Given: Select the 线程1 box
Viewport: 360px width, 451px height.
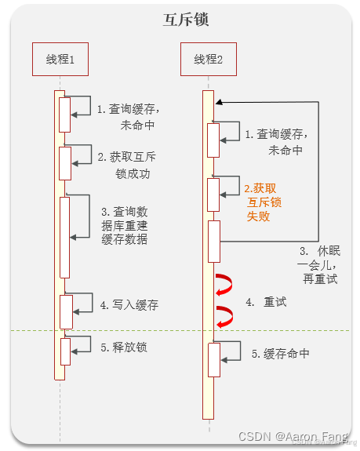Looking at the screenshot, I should click(59, 59).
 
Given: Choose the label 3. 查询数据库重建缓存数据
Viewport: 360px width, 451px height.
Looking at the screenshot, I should click(124, 225).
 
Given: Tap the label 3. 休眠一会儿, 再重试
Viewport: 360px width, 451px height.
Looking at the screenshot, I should click(318, 265).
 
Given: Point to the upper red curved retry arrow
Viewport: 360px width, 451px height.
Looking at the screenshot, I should click(226, 283).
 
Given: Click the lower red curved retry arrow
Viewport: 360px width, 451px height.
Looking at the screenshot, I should click(226, 316).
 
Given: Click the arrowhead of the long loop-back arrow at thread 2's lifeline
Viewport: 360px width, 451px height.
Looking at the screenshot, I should click(219, 101).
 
